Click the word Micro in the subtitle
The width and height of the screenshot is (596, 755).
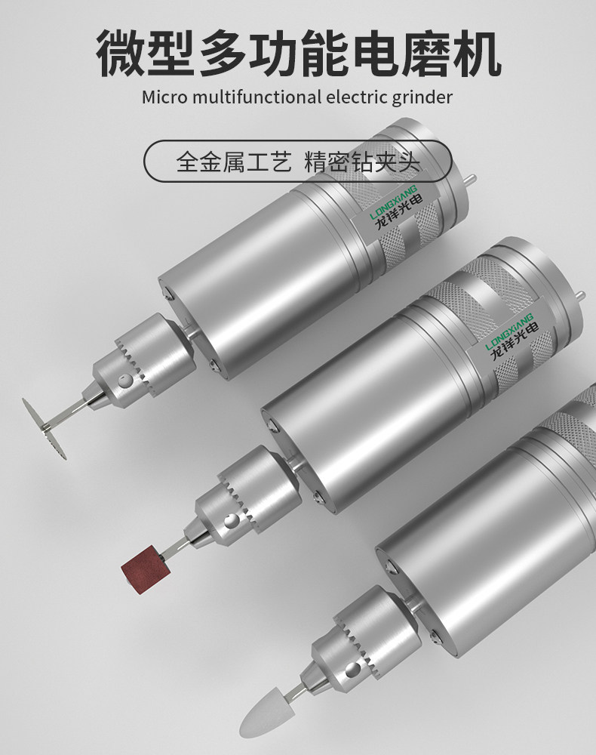164,97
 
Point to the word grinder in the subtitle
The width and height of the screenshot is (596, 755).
422,98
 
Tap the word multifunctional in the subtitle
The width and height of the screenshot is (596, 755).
257,97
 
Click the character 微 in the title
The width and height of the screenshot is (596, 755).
120,53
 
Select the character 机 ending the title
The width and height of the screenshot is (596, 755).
476,53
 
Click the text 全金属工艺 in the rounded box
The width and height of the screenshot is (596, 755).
234,162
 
